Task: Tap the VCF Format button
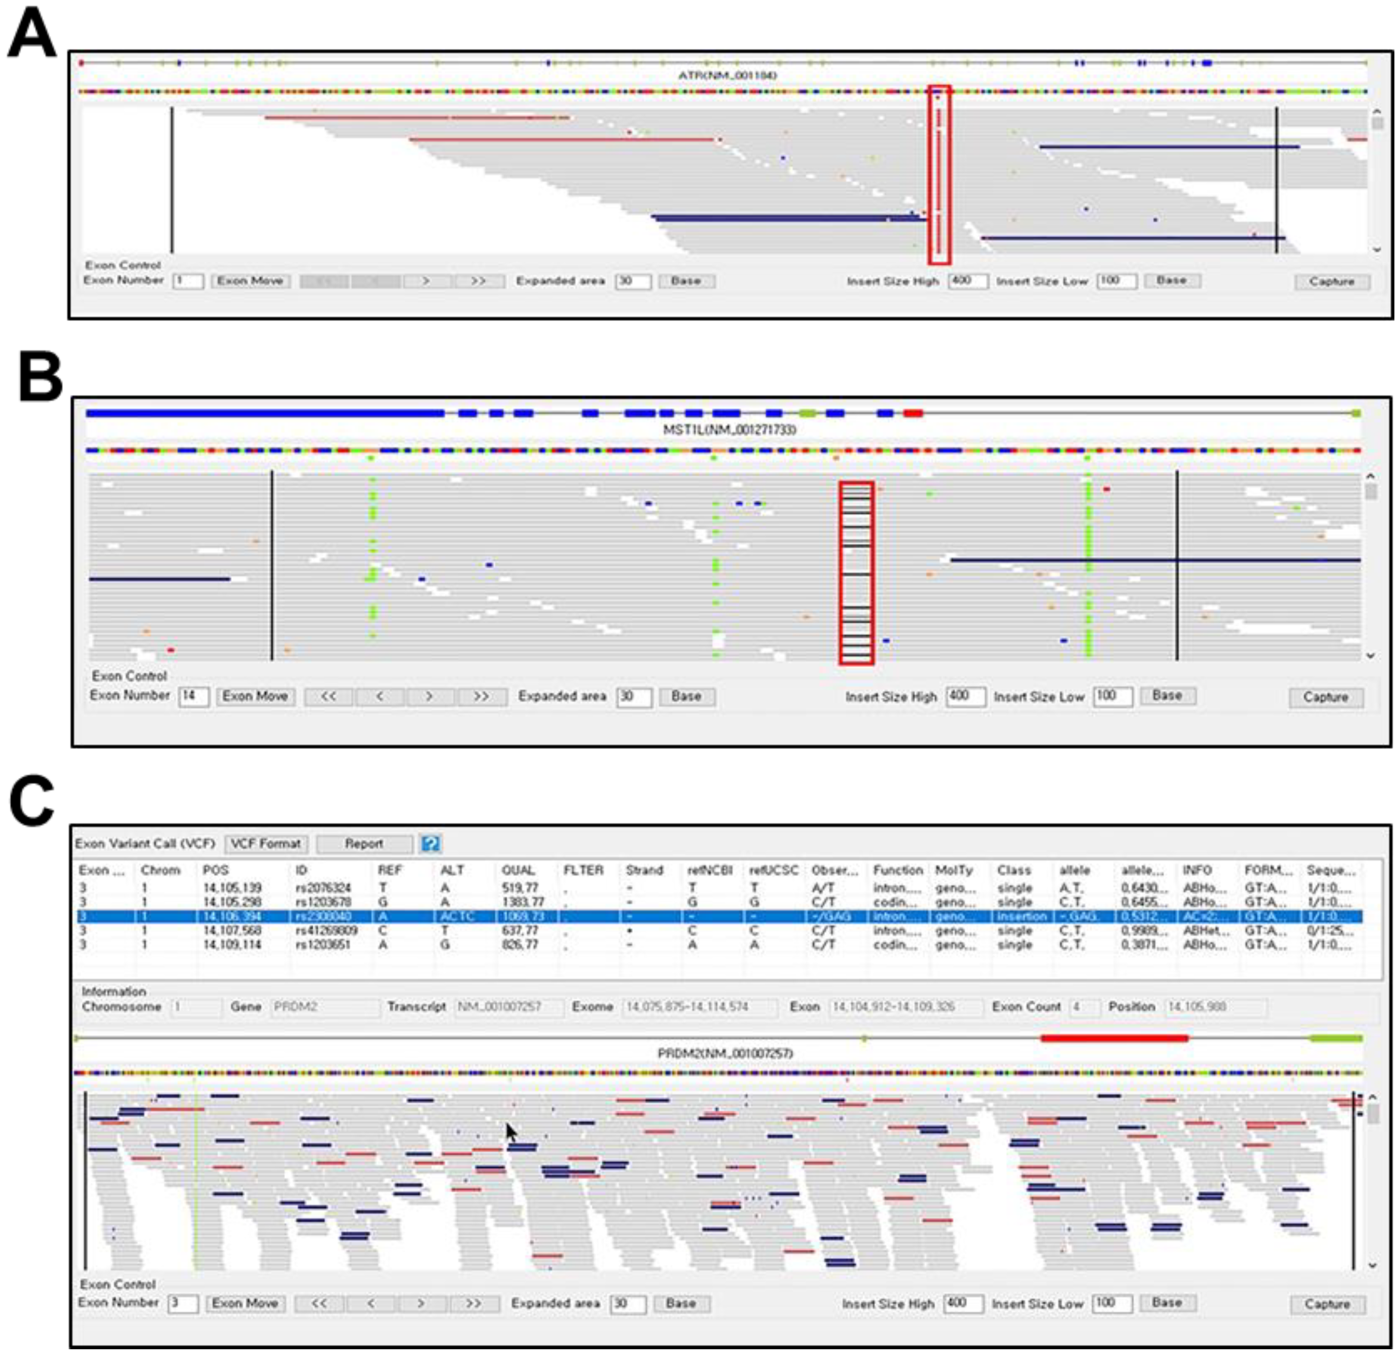pos(266,844)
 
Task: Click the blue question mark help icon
pos(430,844)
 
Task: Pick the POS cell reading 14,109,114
pos(232,945)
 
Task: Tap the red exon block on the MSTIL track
pos(912,413)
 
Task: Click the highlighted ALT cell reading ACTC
pos(457,916)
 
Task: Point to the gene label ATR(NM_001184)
pos(727,75)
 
